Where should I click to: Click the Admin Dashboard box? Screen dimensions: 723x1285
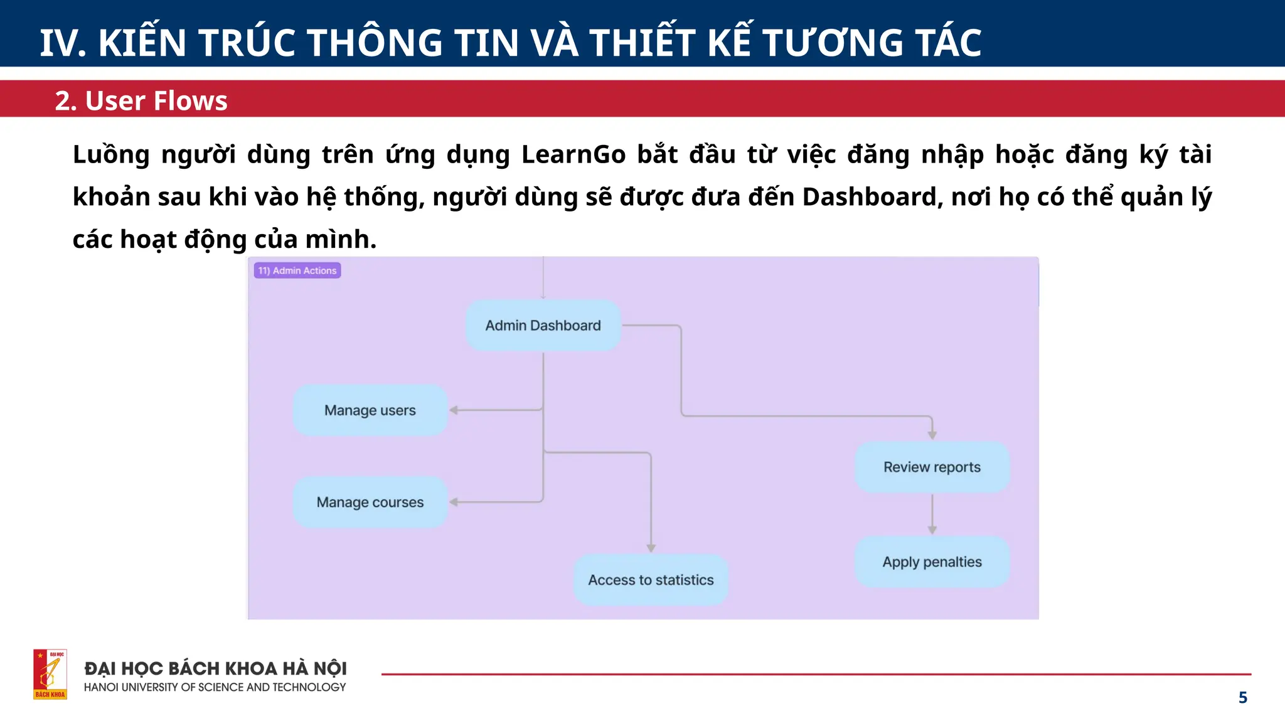[x=543, y=325]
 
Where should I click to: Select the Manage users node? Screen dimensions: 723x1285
[x=370, y=410]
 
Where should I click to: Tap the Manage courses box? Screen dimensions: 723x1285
[x=370, y=502]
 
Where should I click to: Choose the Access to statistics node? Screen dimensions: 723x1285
[x=651, y=580]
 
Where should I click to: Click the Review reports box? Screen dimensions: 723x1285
[x=932, y=467]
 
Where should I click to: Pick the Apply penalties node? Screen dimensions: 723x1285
[x=932, y=562]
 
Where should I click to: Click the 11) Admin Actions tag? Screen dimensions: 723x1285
[x=297, y=270]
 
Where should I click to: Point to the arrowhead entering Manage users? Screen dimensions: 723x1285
[x=454, y=410]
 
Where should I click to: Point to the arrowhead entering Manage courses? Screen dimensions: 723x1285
[x=454, y=502]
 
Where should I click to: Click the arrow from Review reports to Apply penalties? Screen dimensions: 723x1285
[x=932, y=513]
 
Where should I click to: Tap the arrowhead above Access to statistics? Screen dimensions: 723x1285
[x=651, y=548]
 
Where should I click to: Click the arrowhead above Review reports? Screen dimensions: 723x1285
[x=932, y=435]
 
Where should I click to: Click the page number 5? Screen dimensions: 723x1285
[x=1242, y=697]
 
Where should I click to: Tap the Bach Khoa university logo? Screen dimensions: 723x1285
[x=50, y=674]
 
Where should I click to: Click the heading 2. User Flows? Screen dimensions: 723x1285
[x=141, y=100]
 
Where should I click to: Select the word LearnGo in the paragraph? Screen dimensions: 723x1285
[x=573, y=154]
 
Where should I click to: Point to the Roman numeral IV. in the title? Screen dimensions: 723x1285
[x=63, y=43]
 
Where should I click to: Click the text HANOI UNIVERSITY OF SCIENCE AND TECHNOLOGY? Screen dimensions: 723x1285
[x=215, y=687]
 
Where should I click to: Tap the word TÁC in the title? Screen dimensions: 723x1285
[x=948, y=43]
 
